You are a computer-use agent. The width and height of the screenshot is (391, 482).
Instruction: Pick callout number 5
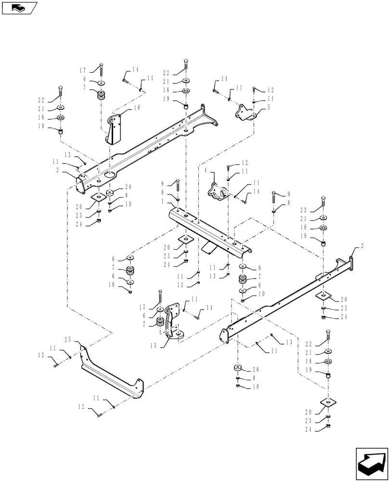[x=268, y=107]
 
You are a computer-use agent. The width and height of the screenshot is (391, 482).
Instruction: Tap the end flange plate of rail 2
[x=351, y=265]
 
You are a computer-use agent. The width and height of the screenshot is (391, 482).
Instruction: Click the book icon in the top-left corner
[x=19, y=8]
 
